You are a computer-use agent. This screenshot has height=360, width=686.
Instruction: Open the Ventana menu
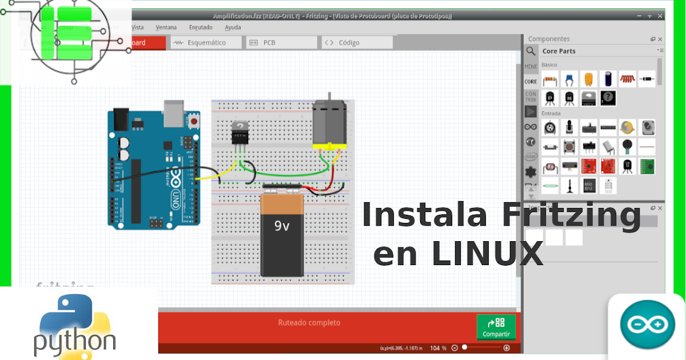tap(166, 27)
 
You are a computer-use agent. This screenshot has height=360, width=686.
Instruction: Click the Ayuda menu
tap(233, 27)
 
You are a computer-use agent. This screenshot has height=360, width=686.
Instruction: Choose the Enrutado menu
tap(201, 27)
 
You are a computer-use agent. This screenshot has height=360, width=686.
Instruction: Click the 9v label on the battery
tap(282, 226)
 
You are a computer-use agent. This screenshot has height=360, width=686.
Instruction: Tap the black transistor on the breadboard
tap(239, 134)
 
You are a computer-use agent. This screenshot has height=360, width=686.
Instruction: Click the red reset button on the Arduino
tap(195, 122)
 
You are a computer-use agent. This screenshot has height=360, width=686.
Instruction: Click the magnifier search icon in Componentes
tap(531, 51)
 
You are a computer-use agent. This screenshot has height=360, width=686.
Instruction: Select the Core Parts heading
tap(559, 51)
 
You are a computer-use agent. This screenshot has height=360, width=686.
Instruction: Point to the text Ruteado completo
tap(309, 323)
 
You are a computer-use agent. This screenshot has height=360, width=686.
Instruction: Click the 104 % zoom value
tap(438, 348)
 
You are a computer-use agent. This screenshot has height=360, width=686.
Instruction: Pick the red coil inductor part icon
tap(627, 79)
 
